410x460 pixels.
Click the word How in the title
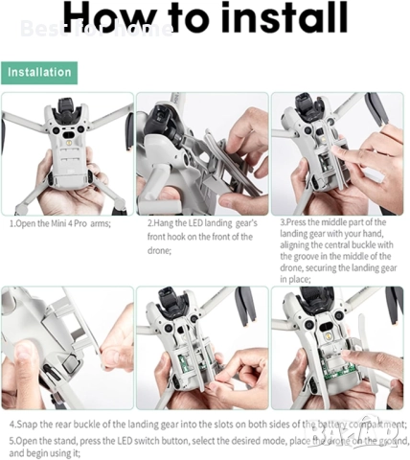coord(113,16)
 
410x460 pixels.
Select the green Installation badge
coord(39,72)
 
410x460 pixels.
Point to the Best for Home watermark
coord(96,29)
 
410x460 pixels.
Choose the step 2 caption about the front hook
coord(200,236)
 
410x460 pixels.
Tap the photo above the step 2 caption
coord(201,153)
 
